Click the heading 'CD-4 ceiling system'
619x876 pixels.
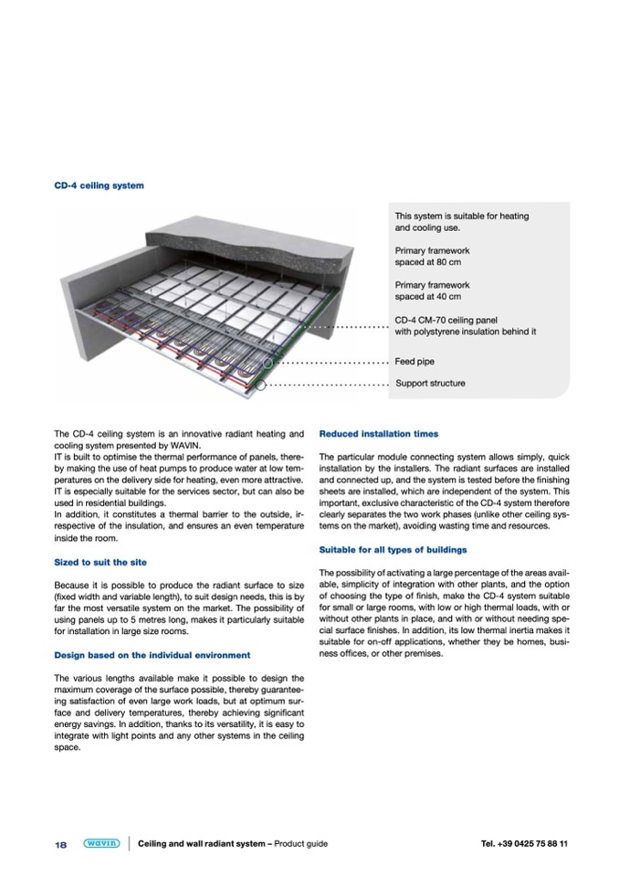pyautogui.click(x=99, y=185)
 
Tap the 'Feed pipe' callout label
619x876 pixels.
pyautogui.click(x=414, y=362)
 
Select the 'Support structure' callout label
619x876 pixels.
pyautogui.click(x=430, y=383)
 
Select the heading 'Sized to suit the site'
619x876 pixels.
pyautogui.click(x=100, y=562)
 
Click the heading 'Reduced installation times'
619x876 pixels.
pyautogui.click(x=379, y=433)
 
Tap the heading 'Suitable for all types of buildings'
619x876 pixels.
pyautogui.click(x=393, y=550)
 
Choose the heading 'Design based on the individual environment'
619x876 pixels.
pyautogui.click(x=152, y=655)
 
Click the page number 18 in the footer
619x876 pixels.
pyautogui.click(x=60, y=844)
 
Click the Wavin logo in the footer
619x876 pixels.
pyautogui.click(x=100, y=843)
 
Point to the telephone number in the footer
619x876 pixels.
pyautogui.click(x=524, y=843)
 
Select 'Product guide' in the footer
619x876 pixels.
pyautogui.click(x=300, y=843)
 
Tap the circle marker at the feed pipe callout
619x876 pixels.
pyautogui.click(x=268, y=364)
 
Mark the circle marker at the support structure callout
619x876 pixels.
pyautogui.click(x=260, y=385)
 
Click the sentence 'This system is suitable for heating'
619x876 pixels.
pyautogui.click(x=461, y=216)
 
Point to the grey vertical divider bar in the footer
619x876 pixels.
pyautogui.click(x=130, y=843)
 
